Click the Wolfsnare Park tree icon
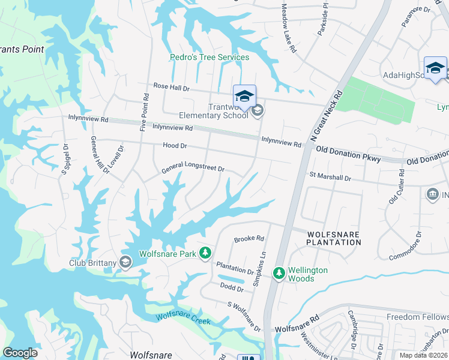point(205,253)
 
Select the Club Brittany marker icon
point(125,262)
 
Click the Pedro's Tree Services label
point(208,58)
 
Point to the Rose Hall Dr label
point(171,88)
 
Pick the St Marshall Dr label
point(330,177)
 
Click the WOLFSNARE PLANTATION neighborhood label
point(334,238)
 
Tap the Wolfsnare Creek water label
point(183,319)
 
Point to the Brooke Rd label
point(249,238)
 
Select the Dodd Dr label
point(232,289)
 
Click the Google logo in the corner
point(20,353)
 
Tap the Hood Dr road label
point(175,146)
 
